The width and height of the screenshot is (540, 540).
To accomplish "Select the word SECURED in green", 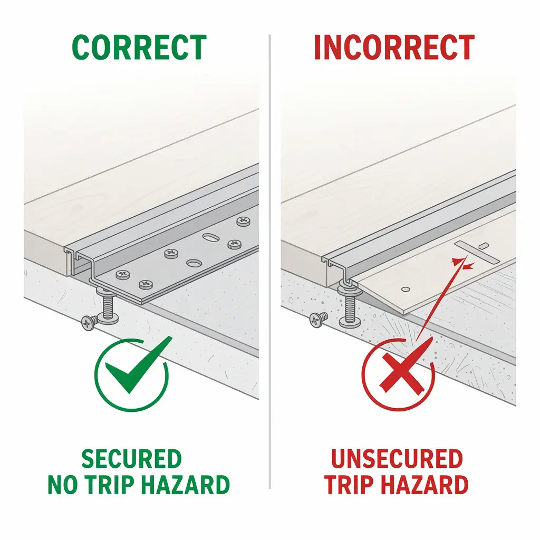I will coord(131,459).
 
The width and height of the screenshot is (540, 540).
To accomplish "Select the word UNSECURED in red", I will coord(397,459).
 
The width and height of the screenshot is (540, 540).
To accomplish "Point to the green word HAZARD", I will coord(185,484).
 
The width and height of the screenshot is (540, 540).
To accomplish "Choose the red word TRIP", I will coord(352,484).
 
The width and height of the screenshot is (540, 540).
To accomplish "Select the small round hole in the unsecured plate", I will coord(405,288).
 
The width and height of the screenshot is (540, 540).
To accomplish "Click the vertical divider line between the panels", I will coord(269,264).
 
